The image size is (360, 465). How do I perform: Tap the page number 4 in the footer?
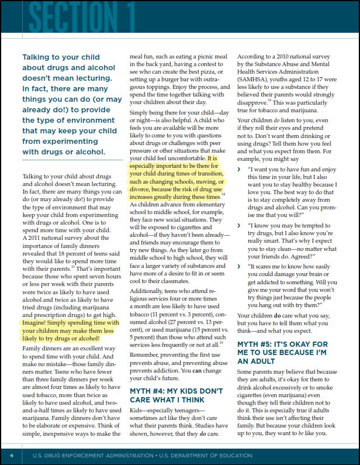click(12, 454)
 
